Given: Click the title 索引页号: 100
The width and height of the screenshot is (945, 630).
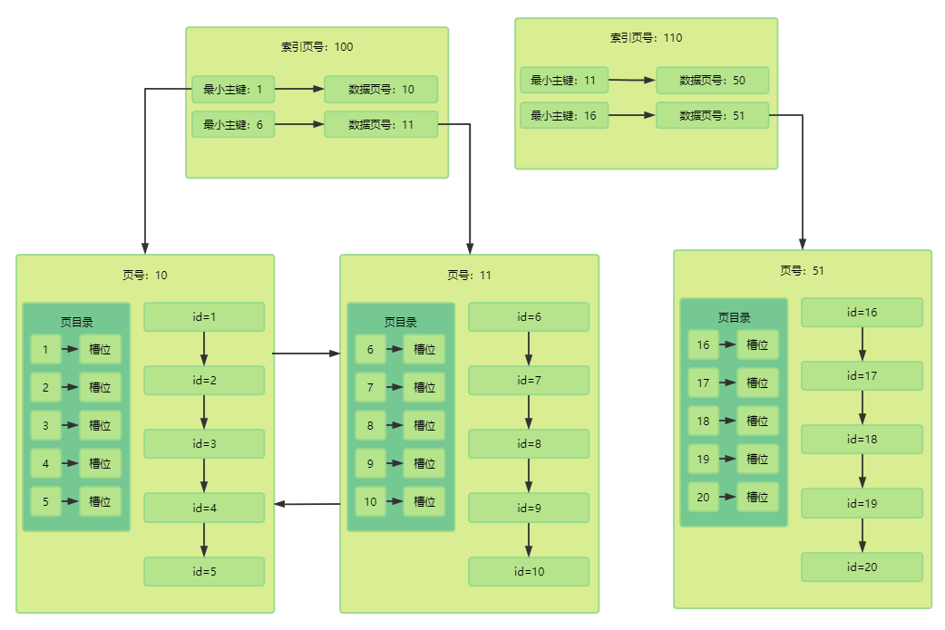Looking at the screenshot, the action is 317,47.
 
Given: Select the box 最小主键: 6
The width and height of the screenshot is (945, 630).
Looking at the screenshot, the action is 233,125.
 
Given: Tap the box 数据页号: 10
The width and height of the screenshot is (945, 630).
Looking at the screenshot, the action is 381,90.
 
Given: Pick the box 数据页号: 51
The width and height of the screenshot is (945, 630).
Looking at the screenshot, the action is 712,116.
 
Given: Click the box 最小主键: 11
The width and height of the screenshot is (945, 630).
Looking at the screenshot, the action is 564,80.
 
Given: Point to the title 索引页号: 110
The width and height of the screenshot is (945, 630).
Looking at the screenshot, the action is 646,38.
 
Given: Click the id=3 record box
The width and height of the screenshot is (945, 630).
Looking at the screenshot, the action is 204,444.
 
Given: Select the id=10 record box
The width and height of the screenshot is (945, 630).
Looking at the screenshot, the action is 529,572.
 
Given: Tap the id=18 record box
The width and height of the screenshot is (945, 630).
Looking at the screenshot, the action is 862,440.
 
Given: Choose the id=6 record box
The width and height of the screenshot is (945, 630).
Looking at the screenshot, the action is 529,316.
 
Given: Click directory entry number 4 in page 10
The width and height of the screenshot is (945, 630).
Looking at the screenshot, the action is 46,464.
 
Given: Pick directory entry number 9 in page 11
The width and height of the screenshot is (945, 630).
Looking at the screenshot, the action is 370,464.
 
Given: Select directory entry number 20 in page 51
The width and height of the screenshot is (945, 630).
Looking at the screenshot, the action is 704,498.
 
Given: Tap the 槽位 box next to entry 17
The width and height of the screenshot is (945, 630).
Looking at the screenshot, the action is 757,383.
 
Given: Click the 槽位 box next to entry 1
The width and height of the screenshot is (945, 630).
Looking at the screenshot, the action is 100,349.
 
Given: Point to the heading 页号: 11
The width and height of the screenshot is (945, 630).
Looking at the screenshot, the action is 470,276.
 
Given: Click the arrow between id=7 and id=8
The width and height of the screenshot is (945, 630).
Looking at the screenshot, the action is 529,412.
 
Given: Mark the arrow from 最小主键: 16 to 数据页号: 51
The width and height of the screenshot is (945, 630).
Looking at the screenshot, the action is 631,115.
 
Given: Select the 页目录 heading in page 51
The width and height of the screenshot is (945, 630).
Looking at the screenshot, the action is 734,317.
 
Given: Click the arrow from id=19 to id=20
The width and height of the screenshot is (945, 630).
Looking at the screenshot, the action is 862,536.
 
